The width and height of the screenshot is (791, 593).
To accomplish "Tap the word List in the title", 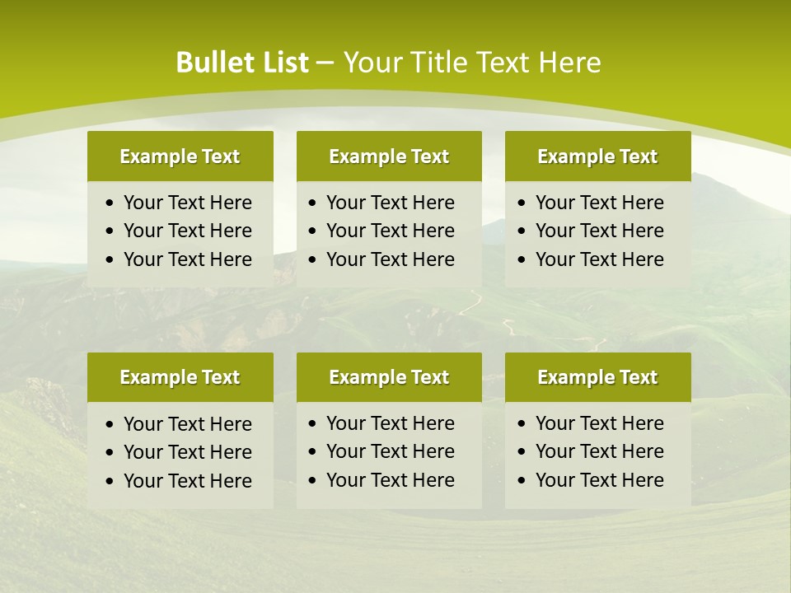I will coord(283,63).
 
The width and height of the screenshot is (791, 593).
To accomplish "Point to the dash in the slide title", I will coord(325,63).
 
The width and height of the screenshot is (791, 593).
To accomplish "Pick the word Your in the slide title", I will coord(370,63).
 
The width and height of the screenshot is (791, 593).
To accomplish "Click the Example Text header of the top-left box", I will coord(180,156).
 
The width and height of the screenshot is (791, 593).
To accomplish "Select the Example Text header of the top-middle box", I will coord(389,156).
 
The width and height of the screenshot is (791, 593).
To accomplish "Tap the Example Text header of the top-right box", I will coord(597,156).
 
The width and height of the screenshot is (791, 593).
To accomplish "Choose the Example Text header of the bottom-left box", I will coord(180,377).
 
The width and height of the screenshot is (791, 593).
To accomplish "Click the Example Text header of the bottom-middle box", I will coord(389,377).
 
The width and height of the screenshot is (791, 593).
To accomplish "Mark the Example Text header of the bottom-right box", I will coord(597,377).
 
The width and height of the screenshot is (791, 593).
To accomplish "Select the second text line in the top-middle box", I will coord(390,231).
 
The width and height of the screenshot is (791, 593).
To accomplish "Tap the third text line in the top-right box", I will coord(599,259).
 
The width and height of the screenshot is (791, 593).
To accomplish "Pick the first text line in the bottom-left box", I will coord(187,424).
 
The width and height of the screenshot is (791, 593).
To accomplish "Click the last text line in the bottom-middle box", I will coord(390,480).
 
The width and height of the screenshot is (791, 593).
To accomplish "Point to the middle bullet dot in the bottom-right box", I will coord(522,452).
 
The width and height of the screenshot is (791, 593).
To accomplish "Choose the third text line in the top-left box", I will coord(187,259).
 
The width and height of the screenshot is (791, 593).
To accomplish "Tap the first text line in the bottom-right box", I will coord(599,423).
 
